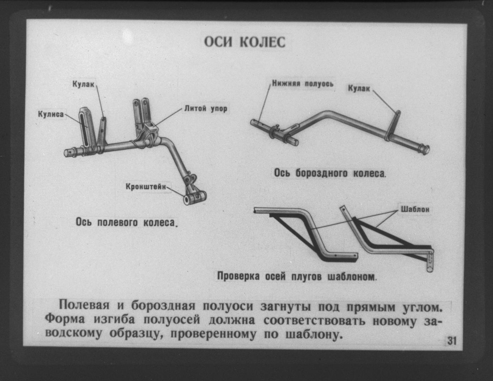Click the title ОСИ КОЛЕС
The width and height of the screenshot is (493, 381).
[245, 42]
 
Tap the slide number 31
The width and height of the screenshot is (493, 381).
[451, 341]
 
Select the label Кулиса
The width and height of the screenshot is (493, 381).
[51, 114]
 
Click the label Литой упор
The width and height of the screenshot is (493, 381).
[206, 109]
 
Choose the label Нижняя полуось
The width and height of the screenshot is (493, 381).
[303, 84]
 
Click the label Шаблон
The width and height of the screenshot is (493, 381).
[415, 209]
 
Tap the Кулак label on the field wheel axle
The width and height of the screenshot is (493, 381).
[83, 84]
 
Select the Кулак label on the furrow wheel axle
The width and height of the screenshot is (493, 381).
[359, 88]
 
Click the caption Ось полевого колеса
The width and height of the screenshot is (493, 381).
[126, 222]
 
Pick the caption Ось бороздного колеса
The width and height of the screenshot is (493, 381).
[330, 173]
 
